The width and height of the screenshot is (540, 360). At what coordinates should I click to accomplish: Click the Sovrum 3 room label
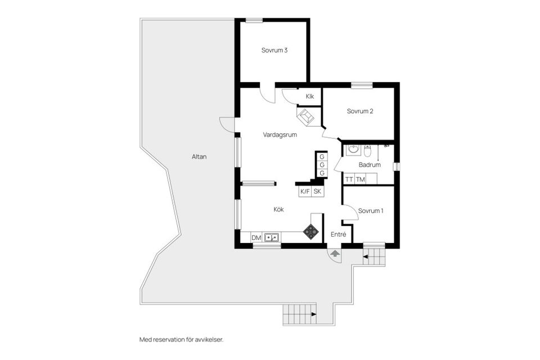click(x=274, y=51)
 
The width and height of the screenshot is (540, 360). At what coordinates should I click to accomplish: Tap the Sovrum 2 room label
click(x=360, y=111)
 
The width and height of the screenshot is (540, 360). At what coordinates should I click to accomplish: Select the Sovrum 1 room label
click(x=371, y=211)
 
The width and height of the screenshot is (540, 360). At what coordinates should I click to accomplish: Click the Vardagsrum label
click(x=280, y=135)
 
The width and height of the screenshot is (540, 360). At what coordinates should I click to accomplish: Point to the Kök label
click(x=278, y=209)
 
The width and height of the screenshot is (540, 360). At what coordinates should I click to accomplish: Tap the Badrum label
click(x=370, y=165)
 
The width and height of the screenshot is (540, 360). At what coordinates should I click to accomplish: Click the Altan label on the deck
click(x=199, y=157)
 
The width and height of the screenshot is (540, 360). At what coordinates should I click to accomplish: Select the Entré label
click(x=339, y=234)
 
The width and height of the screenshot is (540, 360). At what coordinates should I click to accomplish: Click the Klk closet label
click(x=310, y=97)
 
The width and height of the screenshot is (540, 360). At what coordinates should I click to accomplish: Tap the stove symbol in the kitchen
click(x=310, y=231)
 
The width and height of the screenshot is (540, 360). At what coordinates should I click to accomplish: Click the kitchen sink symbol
click(x=272, y=237)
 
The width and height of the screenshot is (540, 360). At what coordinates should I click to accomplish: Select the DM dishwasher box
click(x=256, y=238)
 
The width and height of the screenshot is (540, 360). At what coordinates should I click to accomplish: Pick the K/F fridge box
click(x=305, y=192)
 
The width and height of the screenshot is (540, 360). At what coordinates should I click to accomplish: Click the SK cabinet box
click(x=318, y=192)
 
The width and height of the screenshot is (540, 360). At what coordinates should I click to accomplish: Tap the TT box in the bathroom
click(x=349, y=179)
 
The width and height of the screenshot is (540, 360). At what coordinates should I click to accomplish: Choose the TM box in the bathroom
click(x=361, y=179)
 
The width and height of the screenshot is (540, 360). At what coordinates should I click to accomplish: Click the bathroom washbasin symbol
click(x=353, y=150)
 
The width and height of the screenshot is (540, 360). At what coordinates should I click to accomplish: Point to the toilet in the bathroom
click(x=367, y=151)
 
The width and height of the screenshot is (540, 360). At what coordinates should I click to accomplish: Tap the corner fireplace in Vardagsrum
click(x=307, y=117)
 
